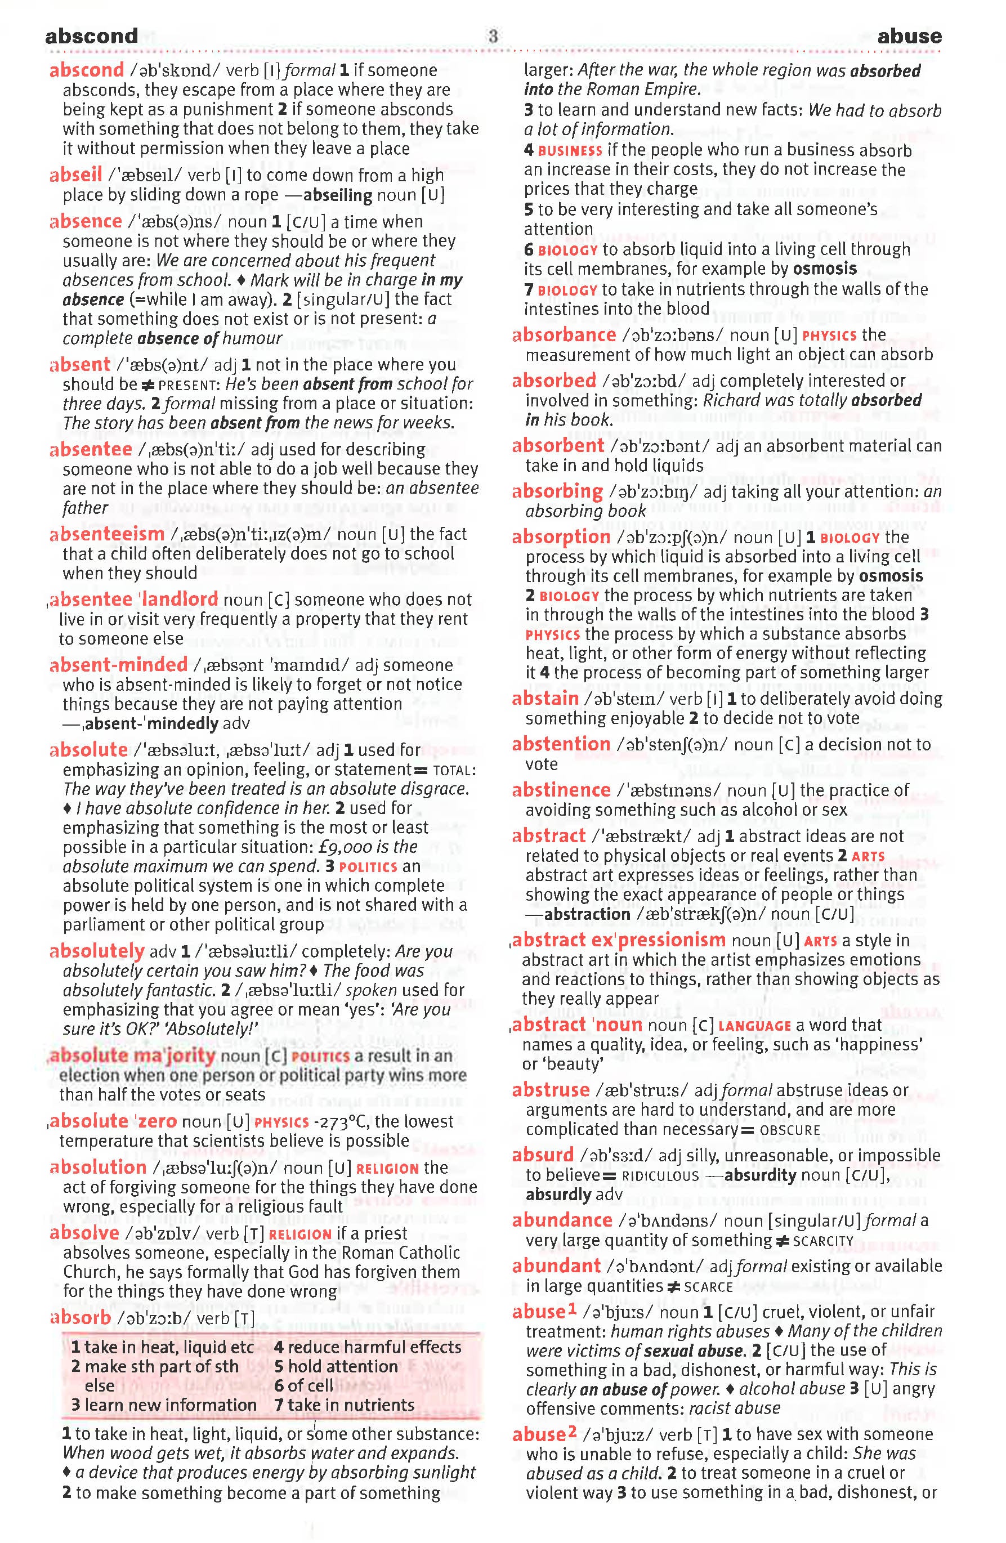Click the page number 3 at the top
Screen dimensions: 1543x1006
(x=493, y=35)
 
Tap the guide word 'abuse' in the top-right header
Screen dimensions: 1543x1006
(x=909, y=36)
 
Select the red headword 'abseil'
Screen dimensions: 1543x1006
(x=76, y=175)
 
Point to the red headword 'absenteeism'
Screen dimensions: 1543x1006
(x=107, y=534)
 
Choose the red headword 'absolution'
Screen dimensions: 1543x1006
(x=99, y=1168)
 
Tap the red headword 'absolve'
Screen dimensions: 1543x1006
(x=85, y=1233)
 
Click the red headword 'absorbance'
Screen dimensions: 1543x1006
(x=564, y=335)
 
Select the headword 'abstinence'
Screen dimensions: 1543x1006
(x=561, y=790)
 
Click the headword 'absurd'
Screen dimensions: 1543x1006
(x=543, y=1155)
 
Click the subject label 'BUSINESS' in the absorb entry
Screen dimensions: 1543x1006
(x=570, y=151)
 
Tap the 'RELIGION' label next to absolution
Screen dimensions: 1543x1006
(x=388, y=1169)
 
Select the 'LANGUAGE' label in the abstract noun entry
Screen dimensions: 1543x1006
(x=754, y=1026)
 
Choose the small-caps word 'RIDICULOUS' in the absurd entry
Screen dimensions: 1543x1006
(x=660, y=1176)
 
